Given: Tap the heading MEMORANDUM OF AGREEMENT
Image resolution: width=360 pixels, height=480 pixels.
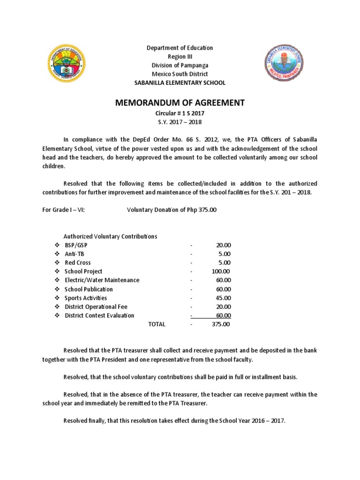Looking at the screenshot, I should [180, 103].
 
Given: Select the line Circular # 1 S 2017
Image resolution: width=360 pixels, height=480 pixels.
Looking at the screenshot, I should [180, 113].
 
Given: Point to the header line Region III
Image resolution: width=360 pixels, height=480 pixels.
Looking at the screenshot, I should [180, 56].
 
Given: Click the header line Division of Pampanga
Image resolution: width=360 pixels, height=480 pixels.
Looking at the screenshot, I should [180, 65].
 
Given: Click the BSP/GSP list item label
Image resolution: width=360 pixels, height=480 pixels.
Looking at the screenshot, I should [76, 245].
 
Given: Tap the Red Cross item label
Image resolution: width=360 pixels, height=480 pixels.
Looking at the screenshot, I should [78, 262].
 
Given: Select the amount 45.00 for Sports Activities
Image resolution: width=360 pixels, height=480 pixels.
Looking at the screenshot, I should [223, 298].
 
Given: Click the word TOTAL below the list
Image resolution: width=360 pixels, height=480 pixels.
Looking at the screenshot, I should [157, 324].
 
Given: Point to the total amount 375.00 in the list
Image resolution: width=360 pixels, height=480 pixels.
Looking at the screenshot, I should [221, 324].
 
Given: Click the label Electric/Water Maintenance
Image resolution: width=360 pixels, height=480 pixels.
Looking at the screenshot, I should [102, 280].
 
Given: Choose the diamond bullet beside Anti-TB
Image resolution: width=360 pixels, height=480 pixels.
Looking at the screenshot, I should [57, 254].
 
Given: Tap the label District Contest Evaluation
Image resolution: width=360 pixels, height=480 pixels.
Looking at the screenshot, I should [99, 315].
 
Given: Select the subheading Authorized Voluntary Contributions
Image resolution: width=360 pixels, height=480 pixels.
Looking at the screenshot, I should [110, 237].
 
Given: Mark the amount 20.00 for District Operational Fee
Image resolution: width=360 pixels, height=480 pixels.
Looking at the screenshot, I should [223, 307].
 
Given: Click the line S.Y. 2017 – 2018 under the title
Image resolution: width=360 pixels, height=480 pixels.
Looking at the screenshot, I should [180, 122].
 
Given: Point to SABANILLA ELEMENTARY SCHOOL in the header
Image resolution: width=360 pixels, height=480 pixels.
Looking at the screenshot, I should [180, 83].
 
